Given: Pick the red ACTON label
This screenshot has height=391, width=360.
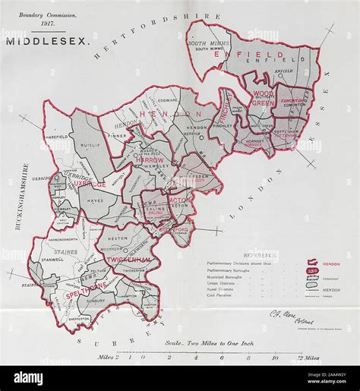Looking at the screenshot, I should (x=180, y=201).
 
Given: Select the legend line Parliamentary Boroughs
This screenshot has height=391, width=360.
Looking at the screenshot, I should (x=232, y=269).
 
